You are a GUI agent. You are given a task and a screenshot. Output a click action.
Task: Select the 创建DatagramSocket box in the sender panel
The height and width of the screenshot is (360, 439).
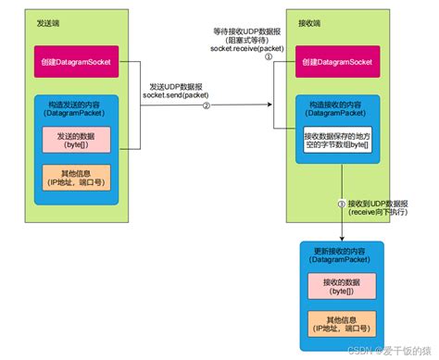[77, 61]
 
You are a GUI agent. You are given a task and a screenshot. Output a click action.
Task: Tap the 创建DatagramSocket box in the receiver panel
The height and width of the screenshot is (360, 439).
[338, 61]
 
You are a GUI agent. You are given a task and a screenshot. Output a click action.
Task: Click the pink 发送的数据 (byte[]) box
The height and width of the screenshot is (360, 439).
[76, 139]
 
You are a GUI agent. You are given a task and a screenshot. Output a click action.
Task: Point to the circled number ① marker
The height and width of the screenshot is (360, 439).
[270, 56]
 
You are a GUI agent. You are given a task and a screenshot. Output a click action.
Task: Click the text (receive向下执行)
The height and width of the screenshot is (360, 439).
[379, 213]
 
